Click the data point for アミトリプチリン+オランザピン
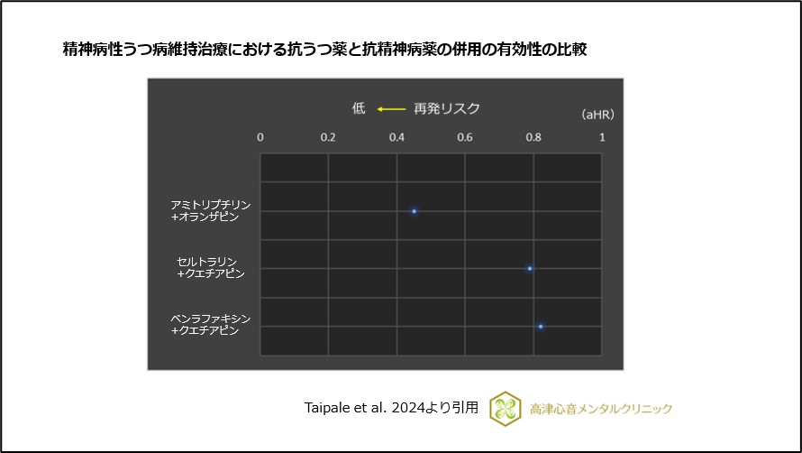click(414, 211)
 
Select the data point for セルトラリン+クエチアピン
click(530, 268)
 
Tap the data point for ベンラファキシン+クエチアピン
click(541, 326)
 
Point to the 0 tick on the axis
click(260, 137)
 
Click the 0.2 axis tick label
click(328, 137)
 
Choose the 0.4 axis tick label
click(396, 137)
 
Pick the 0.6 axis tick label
click(465, 137)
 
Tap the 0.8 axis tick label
click(533, 137)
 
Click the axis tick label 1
click(602, 137)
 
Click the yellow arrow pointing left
click(391, 109)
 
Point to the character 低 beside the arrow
click(359, 108)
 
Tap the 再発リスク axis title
click(447, 108)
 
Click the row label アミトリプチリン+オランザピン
click(211, 211)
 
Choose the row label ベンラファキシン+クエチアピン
click(211, 325)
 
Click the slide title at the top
click(324, 49)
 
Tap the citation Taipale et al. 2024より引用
click(391, 407)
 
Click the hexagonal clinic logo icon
click(506, 408)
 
